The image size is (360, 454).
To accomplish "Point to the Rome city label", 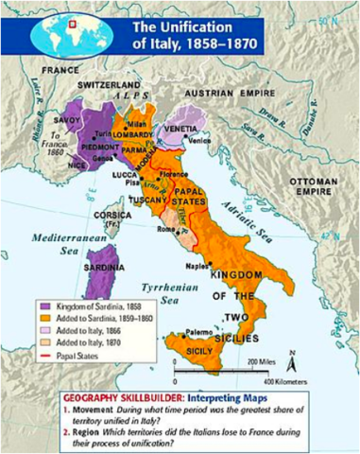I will click(164, 229).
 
